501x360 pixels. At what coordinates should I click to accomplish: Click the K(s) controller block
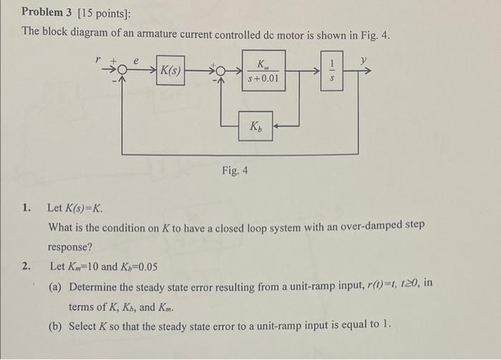[x=170, y=71]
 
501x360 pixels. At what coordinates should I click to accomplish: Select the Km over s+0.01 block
[x=263, y=70]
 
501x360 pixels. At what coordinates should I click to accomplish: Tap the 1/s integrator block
[x=331, y=70]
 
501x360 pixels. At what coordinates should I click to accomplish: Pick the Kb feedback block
[x=256, y=127]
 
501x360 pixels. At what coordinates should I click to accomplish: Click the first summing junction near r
[x=122, y=70]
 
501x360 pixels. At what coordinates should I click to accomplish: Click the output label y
[x=364, y=62]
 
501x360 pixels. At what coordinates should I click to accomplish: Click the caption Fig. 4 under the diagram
[x=235, y=172]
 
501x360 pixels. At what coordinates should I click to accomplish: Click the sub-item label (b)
[x=55, y=325]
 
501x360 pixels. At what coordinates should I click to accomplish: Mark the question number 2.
[x=26, y=266]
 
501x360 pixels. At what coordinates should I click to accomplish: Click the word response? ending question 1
[x=70, y=246]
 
